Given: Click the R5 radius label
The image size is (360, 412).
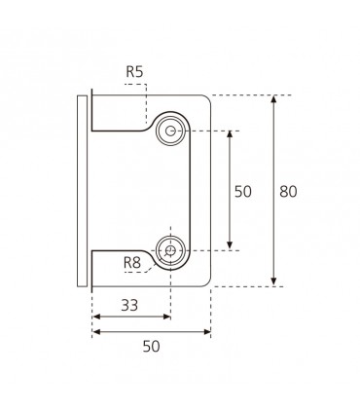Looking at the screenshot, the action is [x=134, y=72].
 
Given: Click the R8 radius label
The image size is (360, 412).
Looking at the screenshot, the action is [x=132, y=262].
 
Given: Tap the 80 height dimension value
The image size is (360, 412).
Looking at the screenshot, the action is [x=288, y=192].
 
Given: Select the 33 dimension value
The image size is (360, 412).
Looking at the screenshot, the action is [x=129, y=305].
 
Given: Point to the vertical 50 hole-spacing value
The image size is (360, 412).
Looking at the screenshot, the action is [x=243, y=192].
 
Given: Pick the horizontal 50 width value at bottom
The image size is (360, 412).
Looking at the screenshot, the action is [x=152, y=347].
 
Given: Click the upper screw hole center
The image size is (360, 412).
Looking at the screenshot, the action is [x=170, y=131].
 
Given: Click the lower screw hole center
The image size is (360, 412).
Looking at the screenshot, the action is [x=170, y=250].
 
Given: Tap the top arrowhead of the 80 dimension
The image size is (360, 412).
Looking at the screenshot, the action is [x=274, y=98].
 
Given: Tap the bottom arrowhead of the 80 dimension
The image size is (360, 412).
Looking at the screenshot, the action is [x=274, y=282].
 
